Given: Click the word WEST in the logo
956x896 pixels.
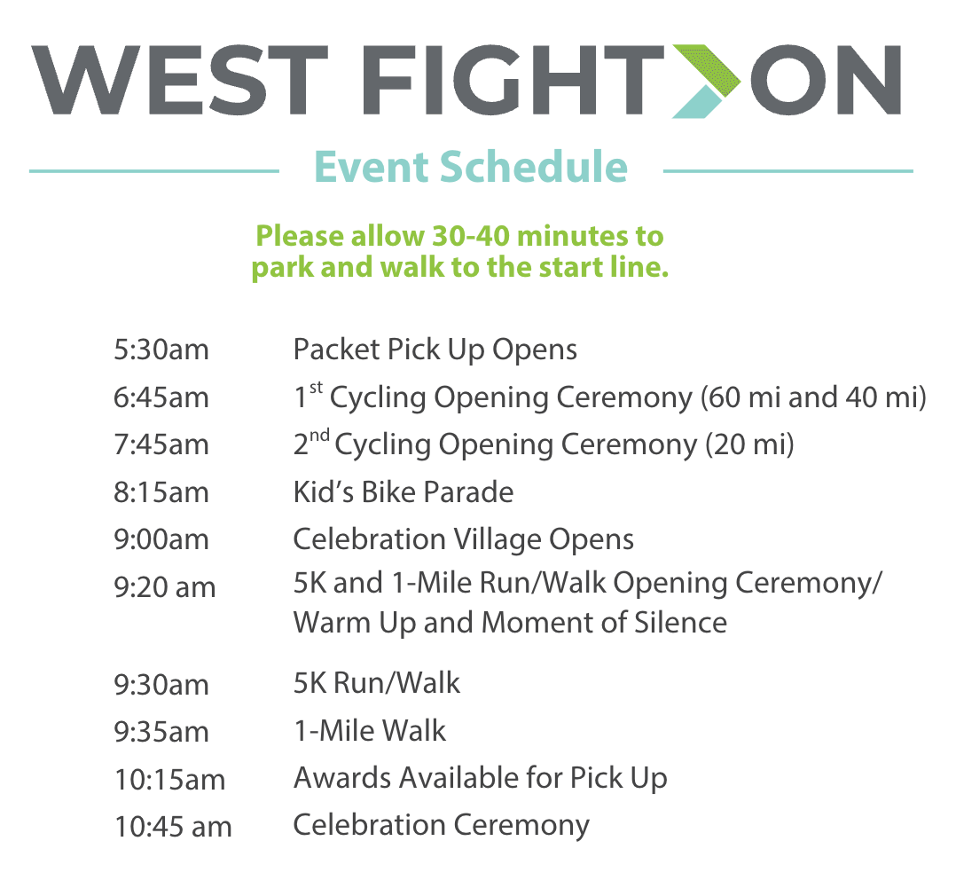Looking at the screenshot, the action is [179, 80].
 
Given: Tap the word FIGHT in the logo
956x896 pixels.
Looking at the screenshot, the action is [513, 80].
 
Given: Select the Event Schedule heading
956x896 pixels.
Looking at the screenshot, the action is [471, 167].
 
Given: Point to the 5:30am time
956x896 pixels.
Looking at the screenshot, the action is [161, 350].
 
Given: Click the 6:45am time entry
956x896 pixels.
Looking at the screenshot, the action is [161, 397].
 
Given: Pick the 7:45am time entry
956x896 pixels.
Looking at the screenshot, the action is [161, 444].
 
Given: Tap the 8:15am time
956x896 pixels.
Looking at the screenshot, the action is [161, 492].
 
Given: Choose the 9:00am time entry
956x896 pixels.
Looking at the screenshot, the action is [161, 539].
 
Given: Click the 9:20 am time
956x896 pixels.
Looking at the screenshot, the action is [165, 587].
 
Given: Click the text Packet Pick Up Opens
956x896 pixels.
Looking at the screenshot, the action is [435, 350].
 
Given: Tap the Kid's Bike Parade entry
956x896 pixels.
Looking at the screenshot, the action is [403, 492].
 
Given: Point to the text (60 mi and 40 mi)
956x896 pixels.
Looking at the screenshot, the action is [813, 397].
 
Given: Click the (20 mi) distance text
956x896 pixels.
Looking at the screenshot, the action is [750, 444].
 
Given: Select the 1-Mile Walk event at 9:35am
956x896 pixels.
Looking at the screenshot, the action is [370, 731].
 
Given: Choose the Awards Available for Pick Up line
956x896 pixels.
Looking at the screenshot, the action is [481, 779].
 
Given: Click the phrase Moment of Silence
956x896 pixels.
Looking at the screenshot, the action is [604, 623].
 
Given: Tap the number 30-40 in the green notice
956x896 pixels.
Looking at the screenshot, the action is [471, 236].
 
